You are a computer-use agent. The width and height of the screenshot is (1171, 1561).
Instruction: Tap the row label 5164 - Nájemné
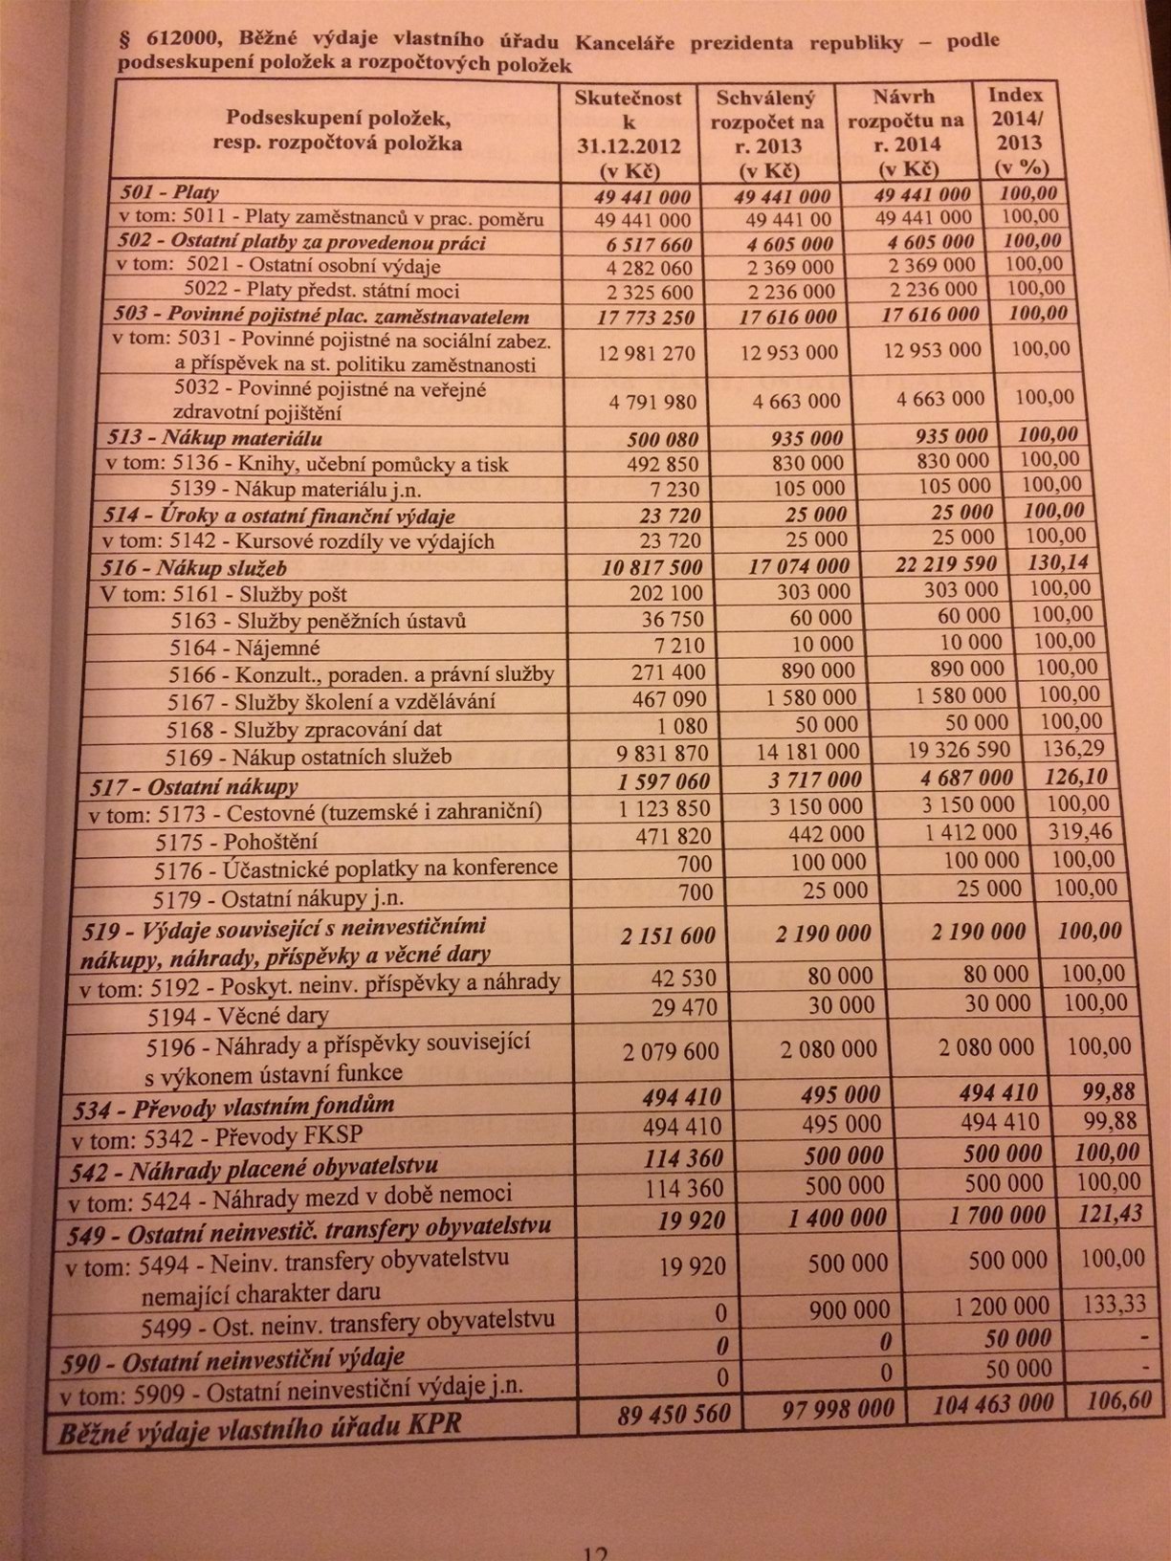(x=245, y=648)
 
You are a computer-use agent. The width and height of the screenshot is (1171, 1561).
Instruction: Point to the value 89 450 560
(x=674, y=1412)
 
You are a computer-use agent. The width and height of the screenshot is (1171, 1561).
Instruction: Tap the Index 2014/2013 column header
(x=1017, y=131)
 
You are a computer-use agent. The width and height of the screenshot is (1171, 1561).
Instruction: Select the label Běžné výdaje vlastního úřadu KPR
(x=260, y=1426)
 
